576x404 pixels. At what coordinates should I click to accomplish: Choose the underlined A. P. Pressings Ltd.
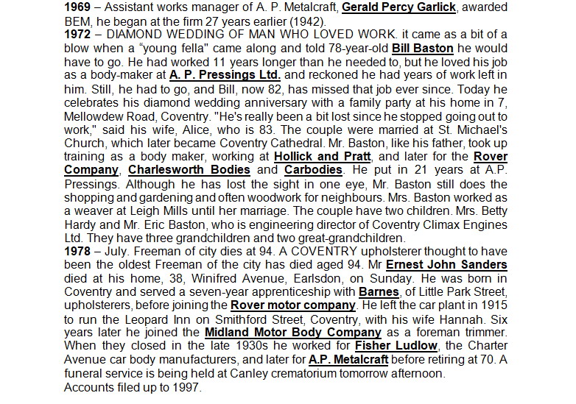[x=224, y=74]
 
